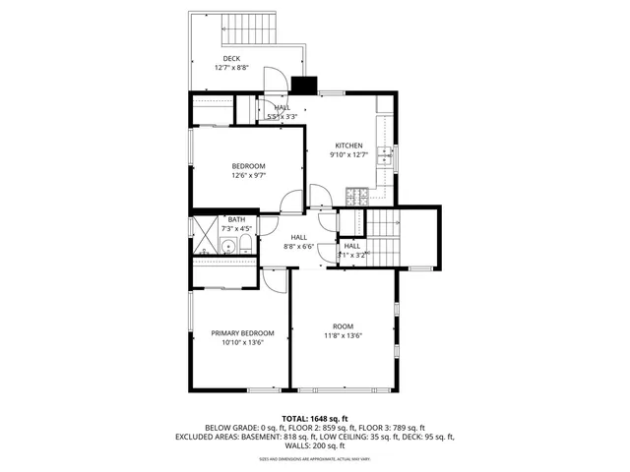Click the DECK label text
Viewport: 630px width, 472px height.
click(x=231, y=58)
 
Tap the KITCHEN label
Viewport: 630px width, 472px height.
click(x=348, y=145)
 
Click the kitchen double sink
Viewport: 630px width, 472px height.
click(x=391, y=156)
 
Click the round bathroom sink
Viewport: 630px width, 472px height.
click(x=226, y=247)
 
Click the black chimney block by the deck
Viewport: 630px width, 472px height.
click(x=305, y=86)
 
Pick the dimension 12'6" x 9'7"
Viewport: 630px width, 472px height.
click(x=249, y=176)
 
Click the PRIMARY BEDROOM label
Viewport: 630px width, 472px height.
click(x=242, y=333)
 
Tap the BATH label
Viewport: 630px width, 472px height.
click(x=236, y=219)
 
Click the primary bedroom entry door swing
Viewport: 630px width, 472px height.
click(x=279, y=281)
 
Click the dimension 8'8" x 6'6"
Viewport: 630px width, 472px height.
click(x=298, y=246)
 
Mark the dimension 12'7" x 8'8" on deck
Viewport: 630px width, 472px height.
click(x=231, y=68)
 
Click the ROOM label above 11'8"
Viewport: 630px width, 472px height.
click(x=342, y=325)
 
